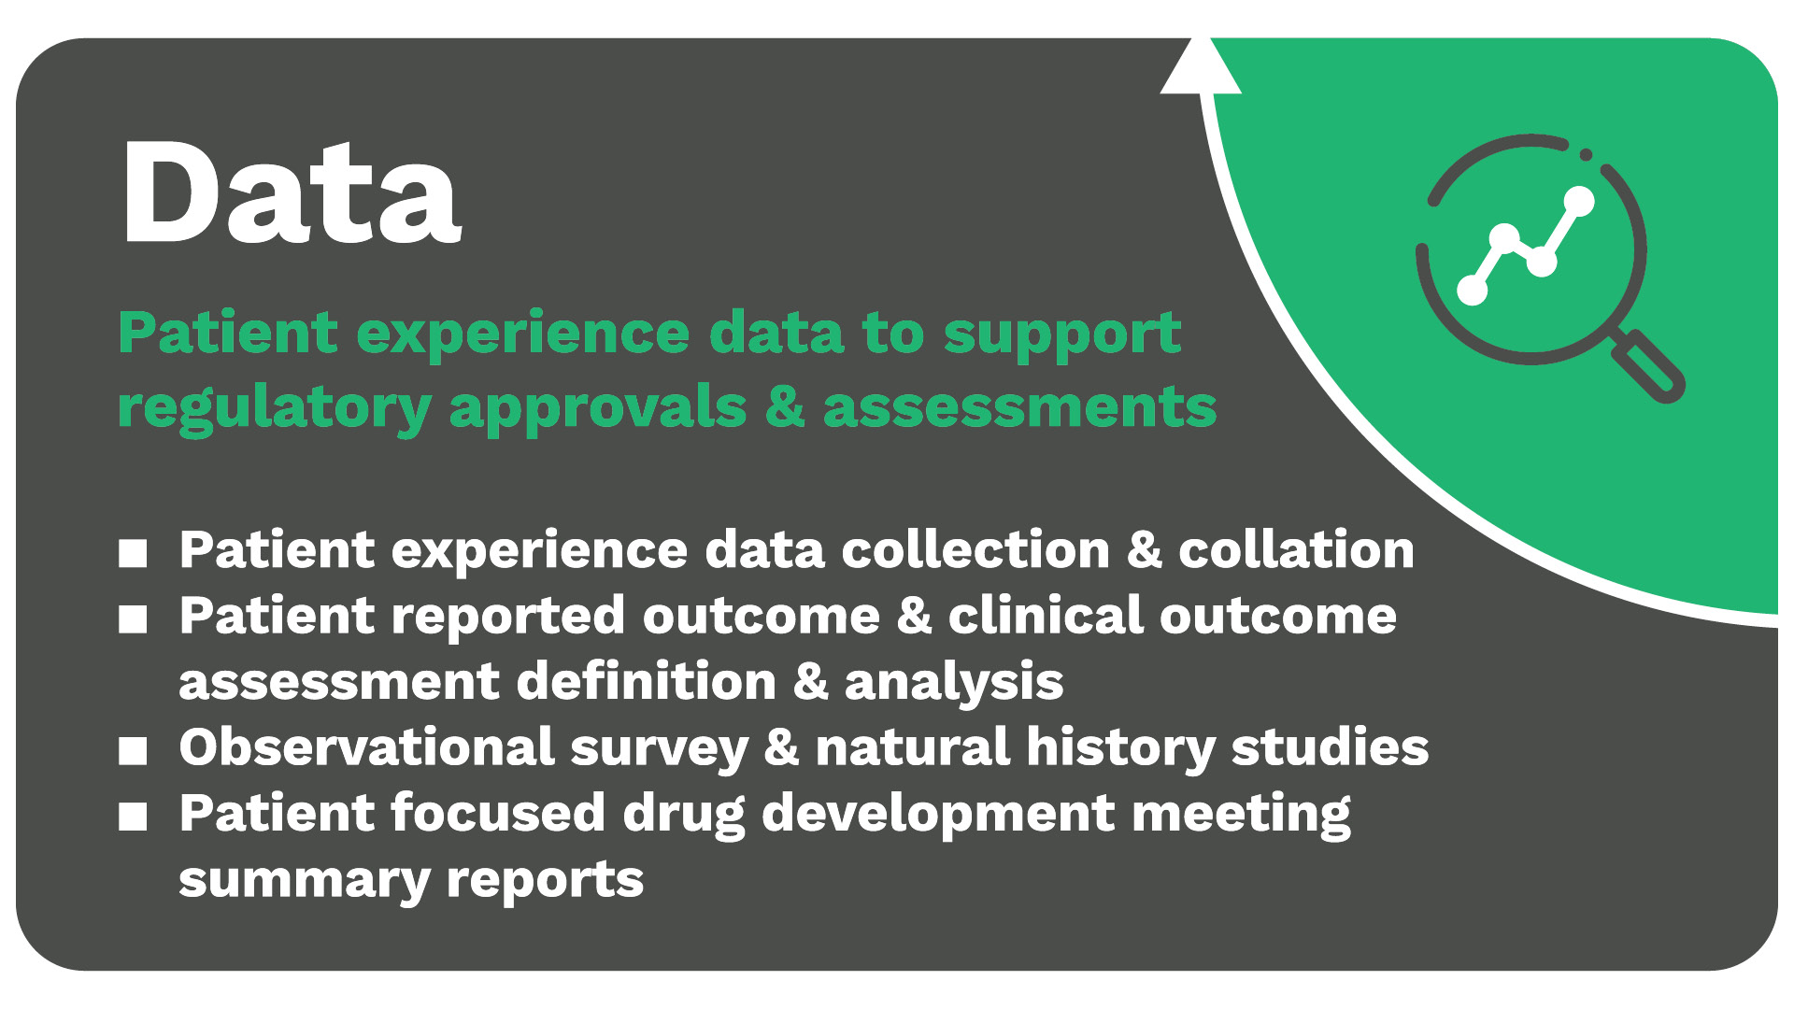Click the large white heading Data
pyautogui.click(x=291, y=193)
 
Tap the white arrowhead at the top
pyautogui.click(x=1200, y=67)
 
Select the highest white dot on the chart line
pyautogui.click(x=1578, y=201)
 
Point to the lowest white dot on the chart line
pyautogui.click(x=1473, y=291)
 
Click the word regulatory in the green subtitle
pyautogui.click(x=275, y=409)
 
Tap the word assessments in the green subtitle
pyautogui.click(x=1019, y=408)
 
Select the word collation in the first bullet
pyautogui.click(x=1296, y=549)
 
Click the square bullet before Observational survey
pyautogui.click(x=133, y=750)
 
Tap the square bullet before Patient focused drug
pyautogui.click(x=133, y=817)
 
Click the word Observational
pyautogui.click(x=367, y=747)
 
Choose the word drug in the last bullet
pyautogui.click(x=684, y=816)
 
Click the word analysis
pyautogui.click(x=954, y=683)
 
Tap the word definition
pyautogui.click(x=646, y=681)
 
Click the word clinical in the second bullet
pyautogui.click(x=1046, y=616)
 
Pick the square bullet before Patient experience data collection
pyautogui.click(x=133, y=552)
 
